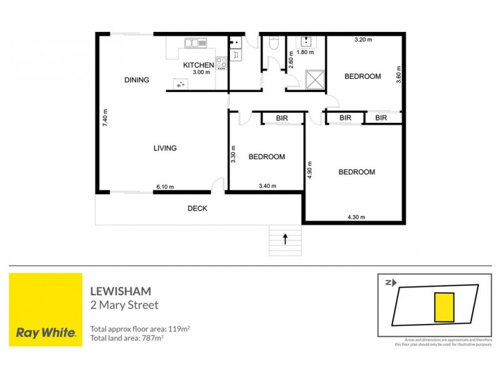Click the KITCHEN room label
(197, 65)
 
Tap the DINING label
(137, 80)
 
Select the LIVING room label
(165, 149)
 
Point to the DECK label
(197, 209)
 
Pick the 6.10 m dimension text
(165, 186)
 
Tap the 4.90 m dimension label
(309, 170)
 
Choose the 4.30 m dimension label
(356, 217)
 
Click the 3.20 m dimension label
(363, 40)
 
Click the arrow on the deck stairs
(286, 238)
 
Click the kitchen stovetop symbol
(221, 62)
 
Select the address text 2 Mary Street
(125, 305)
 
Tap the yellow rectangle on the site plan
(443, 306)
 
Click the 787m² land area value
(150, 338)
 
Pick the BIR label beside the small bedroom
(274, 118)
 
